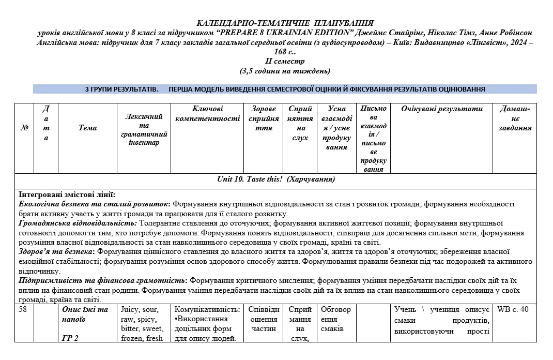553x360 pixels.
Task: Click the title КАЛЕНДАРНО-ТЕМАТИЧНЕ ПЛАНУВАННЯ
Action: tap(285, 23)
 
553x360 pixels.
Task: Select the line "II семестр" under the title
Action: tap(285, 61)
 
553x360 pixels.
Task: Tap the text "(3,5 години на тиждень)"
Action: tap(285, 71)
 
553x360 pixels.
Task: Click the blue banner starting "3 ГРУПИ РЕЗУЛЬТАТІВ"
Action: tap(285, 89)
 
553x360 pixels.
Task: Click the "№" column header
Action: tap(24, 128)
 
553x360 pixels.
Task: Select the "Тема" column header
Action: tap(87, 128)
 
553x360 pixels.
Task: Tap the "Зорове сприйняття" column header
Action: tap(264, 118)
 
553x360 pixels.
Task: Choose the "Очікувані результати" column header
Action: tap(441, 109)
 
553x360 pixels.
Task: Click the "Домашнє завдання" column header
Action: tap(515, 118)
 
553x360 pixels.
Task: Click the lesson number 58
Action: tap(23, 310)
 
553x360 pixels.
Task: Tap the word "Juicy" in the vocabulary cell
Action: tap(130, 310)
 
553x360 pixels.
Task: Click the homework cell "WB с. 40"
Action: tap(513, 310)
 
